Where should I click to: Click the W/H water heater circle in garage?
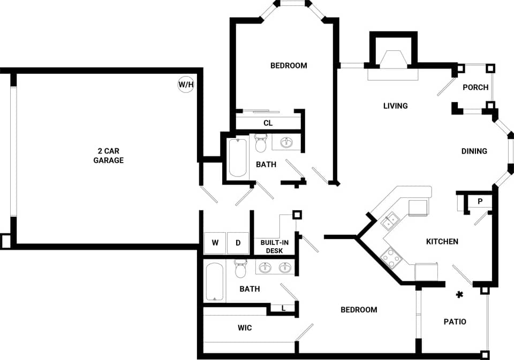click(186, 85)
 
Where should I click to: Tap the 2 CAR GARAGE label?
click(108, 156)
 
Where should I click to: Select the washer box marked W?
click(215, 243)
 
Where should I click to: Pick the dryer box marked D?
click(238, 243)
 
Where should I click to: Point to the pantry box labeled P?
click(480, 202)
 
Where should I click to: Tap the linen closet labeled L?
click(283, 308)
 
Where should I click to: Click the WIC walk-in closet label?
click(245, 327)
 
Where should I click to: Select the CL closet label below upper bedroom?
click(268, 123)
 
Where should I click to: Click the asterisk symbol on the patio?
click(459, 294)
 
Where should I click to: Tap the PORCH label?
click(475, 87)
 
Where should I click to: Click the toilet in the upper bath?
click(261, 144)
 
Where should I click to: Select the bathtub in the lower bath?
click(214, 282)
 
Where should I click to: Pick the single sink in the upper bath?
click(286, 142)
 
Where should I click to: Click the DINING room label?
click(474, 151)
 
